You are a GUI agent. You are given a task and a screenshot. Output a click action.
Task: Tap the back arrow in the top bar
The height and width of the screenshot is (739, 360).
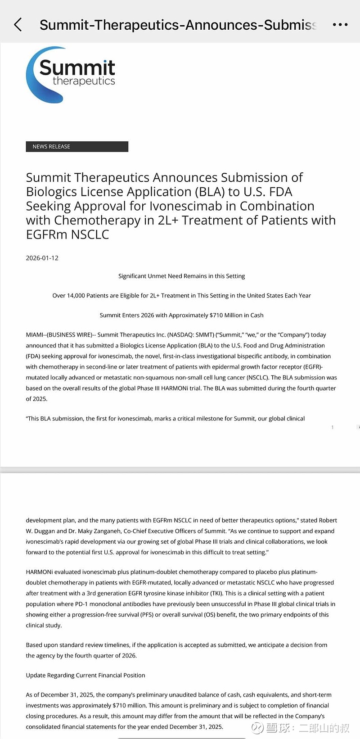18,24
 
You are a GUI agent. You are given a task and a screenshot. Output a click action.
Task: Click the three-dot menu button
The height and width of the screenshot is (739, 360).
340,24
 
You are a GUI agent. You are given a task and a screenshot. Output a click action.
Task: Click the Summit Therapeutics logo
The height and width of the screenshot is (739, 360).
71,74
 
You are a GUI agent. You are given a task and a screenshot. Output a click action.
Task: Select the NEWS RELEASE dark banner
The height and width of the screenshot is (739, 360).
77,146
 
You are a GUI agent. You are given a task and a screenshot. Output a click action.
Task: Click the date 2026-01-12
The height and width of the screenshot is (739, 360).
42,258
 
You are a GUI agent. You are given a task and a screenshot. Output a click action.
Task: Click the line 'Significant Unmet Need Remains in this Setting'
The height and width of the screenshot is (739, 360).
181,276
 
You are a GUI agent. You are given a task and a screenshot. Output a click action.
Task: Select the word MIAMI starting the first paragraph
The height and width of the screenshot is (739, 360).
35,335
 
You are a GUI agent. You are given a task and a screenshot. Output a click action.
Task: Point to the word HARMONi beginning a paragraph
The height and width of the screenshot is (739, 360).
40,572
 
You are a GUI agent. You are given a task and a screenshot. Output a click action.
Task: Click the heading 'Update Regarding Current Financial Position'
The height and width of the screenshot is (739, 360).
85,675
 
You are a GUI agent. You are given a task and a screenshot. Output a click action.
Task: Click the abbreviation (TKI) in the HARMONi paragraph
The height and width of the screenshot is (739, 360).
216,593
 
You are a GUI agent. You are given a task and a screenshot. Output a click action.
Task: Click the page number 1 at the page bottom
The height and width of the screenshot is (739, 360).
333,427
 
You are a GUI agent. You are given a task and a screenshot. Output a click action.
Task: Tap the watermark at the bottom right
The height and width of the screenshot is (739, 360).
301,728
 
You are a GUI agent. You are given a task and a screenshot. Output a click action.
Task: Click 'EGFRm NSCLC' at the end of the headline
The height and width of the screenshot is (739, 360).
67,234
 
